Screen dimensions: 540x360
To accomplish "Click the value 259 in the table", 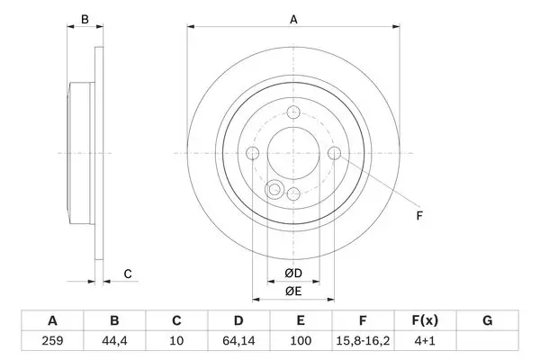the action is click(x=52, y=341).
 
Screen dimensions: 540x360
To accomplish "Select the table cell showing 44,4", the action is click(x=114, y=341).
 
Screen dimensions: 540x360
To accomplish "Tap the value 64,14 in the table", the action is click(x=238, y=341).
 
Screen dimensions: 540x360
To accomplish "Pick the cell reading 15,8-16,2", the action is click(x=363, y=341).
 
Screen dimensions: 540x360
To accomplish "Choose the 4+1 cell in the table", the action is click(x=425, y=341).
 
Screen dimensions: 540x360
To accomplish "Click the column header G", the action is click(x=487, y=320).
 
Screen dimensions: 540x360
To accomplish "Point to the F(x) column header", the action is click(x=425, y=320).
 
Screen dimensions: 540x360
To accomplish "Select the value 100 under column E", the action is click(x=301, y=341).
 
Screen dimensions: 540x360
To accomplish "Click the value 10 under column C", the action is click(x=176, y=341).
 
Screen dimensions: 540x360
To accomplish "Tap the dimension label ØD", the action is click(x=293, y=274).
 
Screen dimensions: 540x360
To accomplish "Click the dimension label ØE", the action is click(x=293, y=292).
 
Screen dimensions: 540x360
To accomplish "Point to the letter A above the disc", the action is click(x=293, y=20).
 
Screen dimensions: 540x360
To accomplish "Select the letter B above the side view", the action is click(x=85, y=20).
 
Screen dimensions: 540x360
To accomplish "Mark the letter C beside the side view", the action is click(x=128, y=274).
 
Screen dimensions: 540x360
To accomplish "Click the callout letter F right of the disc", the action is click(x=419, y=216).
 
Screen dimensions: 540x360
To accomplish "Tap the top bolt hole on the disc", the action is click(x=293, y=112).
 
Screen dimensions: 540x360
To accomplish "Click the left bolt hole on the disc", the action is click(x=253, y=153).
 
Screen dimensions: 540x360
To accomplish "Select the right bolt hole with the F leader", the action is click(x=334, y=153).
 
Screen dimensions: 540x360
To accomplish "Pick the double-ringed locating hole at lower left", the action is click(x=274, y=190).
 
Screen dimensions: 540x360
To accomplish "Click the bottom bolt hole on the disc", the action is click(x=293, y=193).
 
